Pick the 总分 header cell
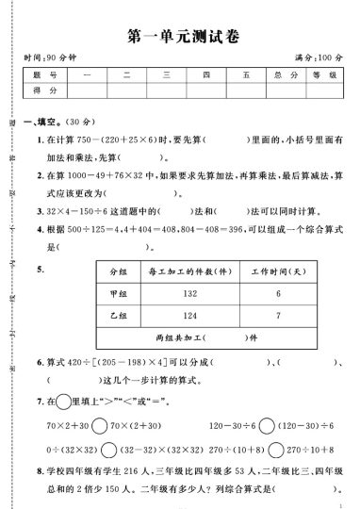tap(277, 74)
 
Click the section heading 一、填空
tap(42, 123)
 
